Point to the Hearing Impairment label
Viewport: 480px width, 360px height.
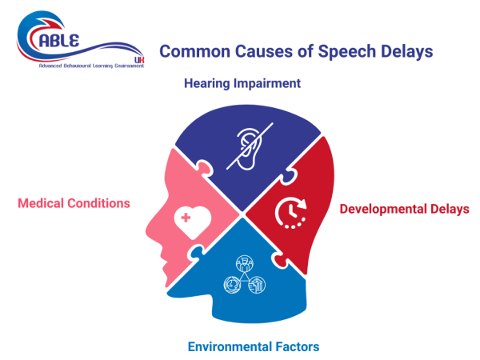coord(241,83)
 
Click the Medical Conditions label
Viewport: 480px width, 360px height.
coord(74,203)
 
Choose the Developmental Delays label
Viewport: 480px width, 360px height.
coord(404,209)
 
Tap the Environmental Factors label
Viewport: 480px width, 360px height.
coord(254,346)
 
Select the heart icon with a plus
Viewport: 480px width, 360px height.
coord(192,218)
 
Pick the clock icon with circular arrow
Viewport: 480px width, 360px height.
coord(289,213)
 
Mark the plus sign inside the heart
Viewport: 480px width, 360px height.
coord(186,216)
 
